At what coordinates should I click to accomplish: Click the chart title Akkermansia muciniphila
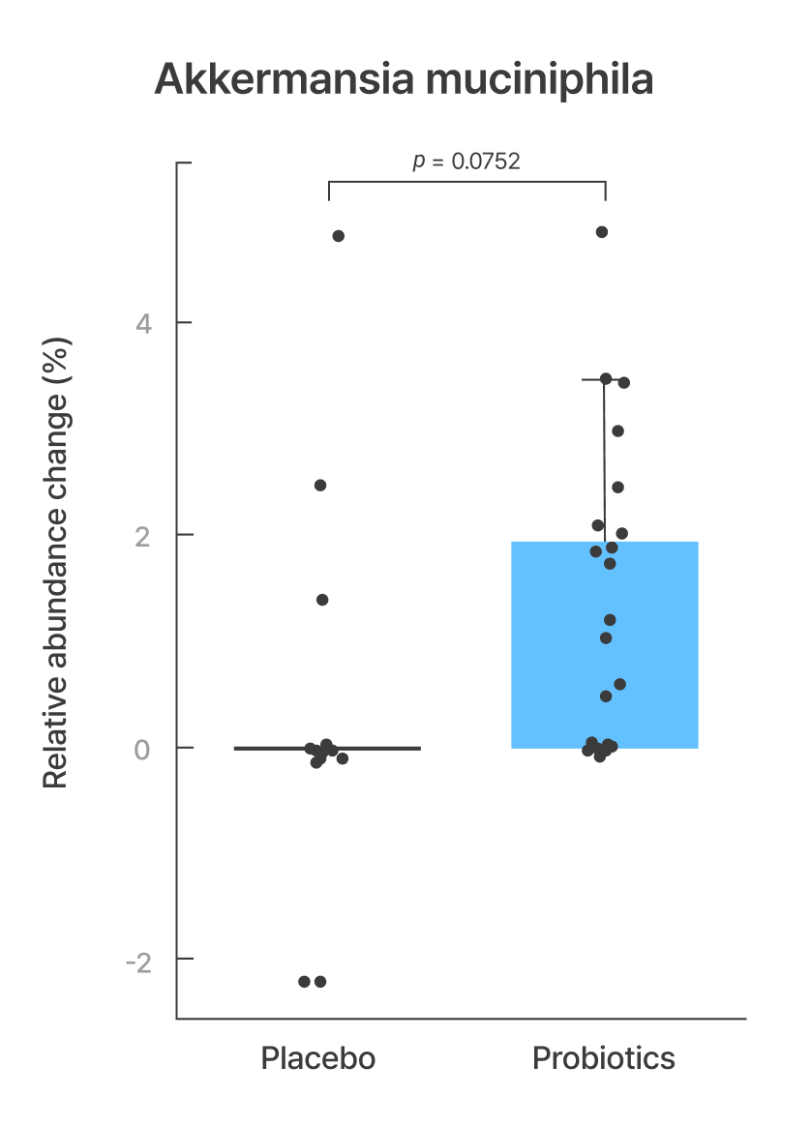(x=404, y=81)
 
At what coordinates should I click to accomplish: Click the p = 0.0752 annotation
(x=466, y=162)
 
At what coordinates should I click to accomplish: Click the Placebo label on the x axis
(x=317, y=1058)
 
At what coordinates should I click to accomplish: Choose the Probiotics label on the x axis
(x=604, y=1058)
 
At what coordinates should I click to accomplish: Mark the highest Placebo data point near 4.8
(x=338, y=236)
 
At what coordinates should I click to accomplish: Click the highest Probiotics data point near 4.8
(x=602, y=232)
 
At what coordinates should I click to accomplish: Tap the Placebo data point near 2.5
(x=320, y=485)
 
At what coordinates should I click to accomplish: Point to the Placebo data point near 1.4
(x=322, y=600)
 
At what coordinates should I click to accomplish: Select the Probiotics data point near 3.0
(x=617, y=430)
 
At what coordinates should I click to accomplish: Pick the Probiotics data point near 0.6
(x=619, y=684)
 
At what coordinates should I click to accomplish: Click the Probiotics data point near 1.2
(x=610, y=620)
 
